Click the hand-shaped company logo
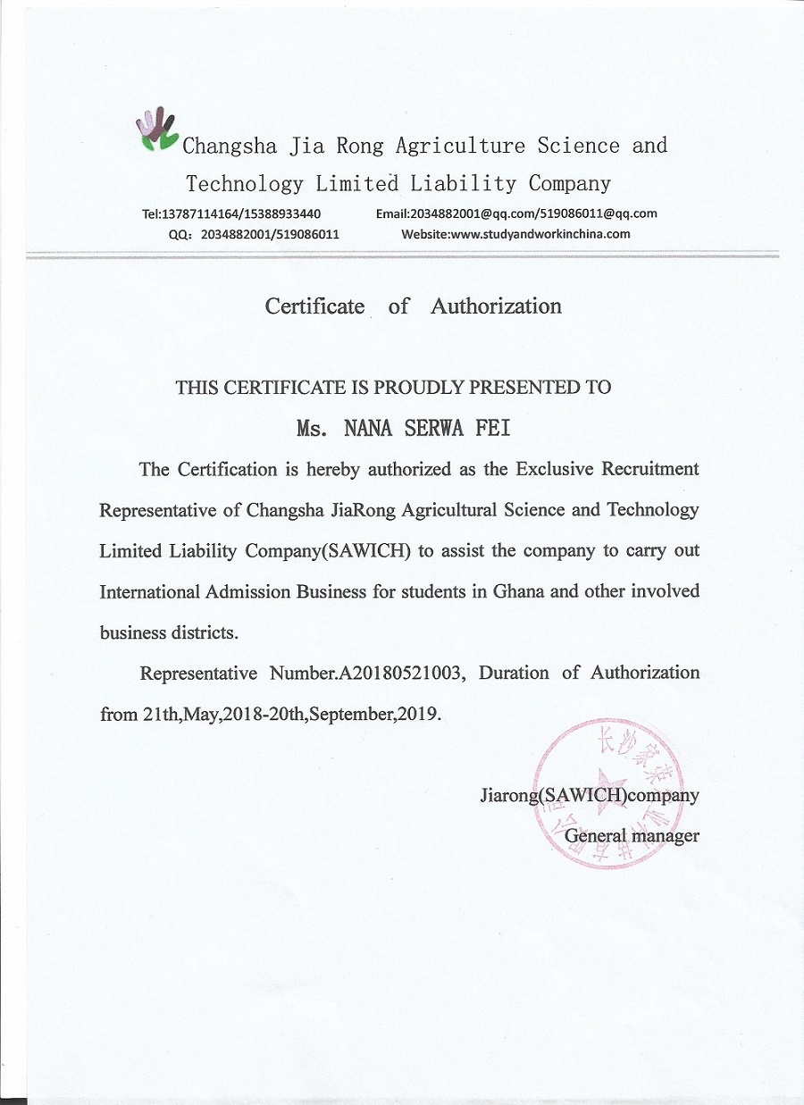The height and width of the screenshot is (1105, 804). (x=157, y=130)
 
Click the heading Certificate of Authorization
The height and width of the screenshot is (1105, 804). (x=413, y=306)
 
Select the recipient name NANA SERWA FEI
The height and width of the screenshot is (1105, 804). (x=427, y=428)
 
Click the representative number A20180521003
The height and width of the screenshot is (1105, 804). (x=400, y=673)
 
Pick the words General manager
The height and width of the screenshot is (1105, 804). (x=632, y=836)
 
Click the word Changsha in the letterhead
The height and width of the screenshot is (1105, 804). (x=230, y=146)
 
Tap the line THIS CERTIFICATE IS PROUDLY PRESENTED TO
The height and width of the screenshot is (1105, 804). (x=393, y=387)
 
